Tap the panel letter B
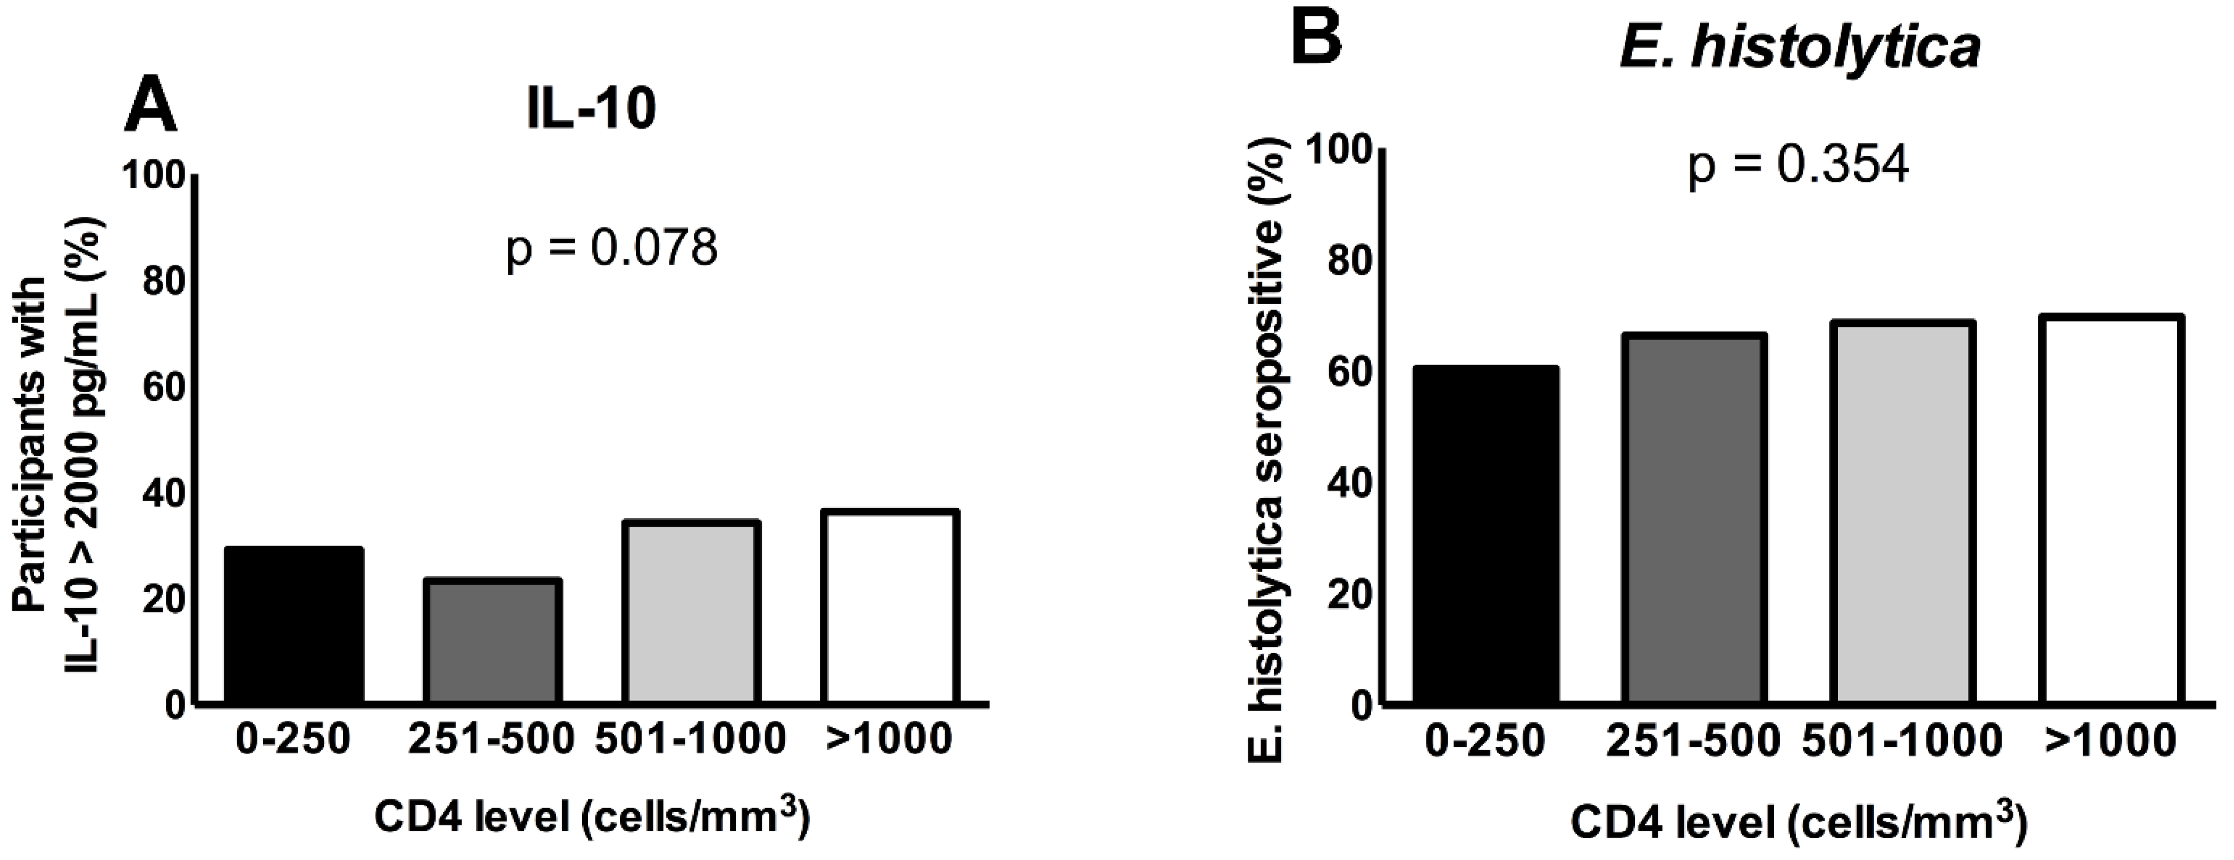tap(1316, 39)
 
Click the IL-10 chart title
tap(591, 110)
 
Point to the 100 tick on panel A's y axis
tap(154, 176)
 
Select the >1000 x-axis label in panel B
tap(2110, 740)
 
